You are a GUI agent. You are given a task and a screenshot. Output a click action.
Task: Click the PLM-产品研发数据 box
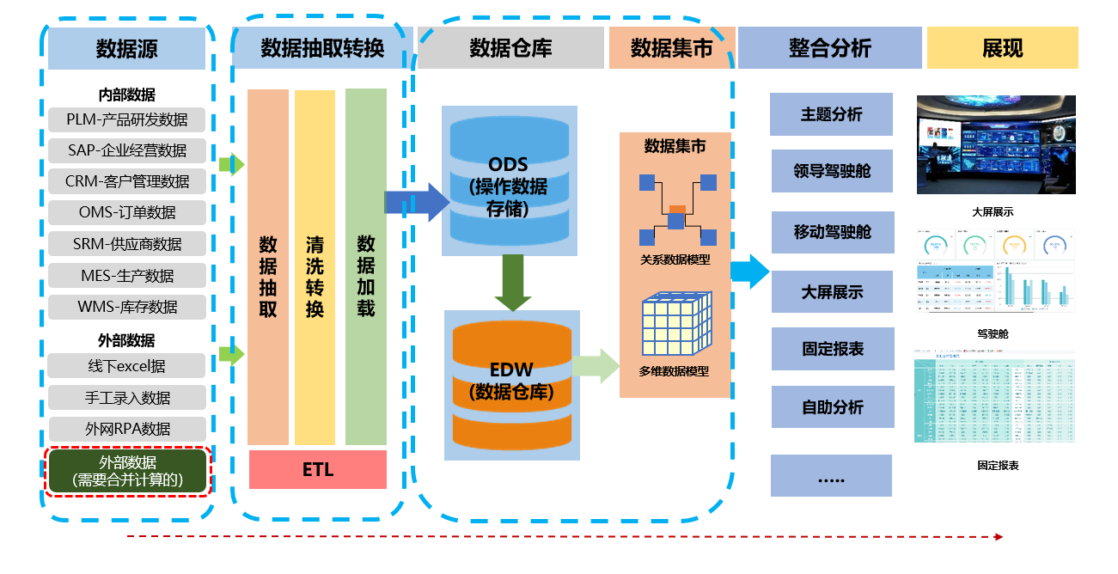(127, 119)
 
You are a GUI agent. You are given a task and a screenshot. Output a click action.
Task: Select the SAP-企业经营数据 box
(127, 150)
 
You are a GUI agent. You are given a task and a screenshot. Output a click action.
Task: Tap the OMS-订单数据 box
(127, 212)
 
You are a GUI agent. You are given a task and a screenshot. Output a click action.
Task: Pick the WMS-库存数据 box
(127, 307)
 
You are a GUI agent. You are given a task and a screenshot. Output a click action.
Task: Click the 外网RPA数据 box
(127, 429)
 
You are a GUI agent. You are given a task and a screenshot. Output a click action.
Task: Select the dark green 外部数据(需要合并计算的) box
(127, 472)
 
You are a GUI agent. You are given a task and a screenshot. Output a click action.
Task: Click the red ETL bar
(317, 470)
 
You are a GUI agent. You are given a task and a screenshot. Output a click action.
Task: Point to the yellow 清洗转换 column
(315, 267)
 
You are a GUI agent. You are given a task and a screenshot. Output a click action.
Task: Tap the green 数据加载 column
(366, 267)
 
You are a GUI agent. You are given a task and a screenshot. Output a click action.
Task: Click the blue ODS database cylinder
(509, 181)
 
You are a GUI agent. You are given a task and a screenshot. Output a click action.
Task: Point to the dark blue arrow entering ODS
(416, 203)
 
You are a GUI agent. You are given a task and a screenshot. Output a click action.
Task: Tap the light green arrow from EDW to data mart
(596, 366)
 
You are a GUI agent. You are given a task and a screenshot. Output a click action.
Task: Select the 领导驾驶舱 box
(832, 171)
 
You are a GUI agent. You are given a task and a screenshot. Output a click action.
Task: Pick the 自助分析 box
(832, 407)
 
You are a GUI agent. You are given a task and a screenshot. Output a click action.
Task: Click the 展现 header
(1002, 48)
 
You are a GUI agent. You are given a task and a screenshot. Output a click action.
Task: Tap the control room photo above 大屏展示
(996, 144)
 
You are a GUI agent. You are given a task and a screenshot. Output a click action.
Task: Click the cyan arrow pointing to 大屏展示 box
(749, 272)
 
